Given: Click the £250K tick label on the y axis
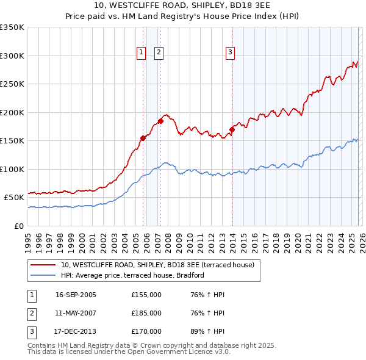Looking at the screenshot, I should tap(12, 84).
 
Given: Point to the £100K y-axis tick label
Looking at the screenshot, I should tap(12, 169).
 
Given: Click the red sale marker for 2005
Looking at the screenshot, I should tap(143, 138).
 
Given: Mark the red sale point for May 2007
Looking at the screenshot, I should tap(161, 121).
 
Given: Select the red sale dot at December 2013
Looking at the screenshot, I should tap(232, 129).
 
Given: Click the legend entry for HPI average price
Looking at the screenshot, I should tap(132, 275).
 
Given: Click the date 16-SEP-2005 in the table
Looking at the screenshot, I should tap(76, 295).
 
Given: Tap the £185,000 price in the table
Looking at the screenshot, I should tap(146, 313).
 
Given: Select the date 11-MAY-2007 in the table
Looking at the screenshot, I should tap(76, 313).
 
